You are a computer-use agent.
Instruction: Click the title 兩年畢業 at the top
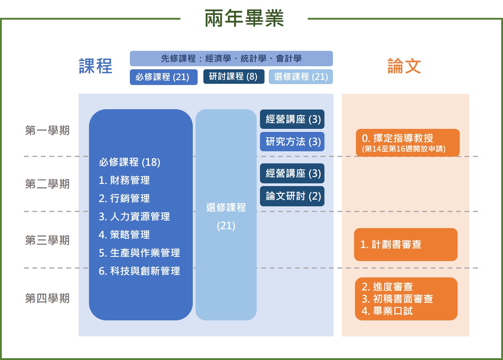point(244,18)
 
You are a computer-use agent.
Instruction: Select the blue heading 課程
point(95,66)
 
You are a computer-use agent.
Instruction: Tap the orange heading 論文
point(404,66)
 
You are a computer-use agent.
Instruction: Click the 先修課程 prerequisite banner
point(231,59)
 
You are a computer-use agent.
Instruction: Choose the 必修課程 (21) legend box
point(164,77)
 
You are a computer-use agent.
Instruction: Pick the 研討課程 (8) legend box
point(234,77)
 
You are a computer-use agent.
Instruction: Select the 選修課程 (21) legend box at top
point(301,77)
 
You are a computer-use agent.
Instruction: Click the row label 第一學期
point(48,130)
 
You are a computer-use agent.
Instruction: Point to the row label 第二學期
point(48,184)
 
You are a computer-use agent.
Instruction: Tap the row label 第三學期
point(48,240)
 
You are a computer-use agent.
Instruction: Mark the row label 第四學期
point(48,298)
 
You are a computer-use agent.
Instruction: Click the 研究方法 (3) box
point(292,142)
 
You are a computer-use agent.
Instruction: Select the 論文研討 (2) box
point(292,196)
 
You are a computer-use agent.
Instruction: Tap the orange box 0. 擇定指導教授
point(408,143)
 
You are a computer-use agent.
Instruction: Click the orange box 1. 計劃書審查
point(406,244)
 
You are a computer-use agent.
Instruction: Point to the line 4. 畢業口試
point(387,311)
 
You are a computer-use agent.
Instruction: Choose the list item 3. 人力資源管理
point(134,217)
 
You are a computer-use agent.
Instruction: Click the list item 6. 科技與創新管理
point(139,271)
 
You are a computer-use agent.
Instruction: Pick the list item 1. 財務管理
point(124,180)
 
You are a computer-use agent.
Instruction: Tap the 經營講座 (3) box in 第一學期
point(292,119)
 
